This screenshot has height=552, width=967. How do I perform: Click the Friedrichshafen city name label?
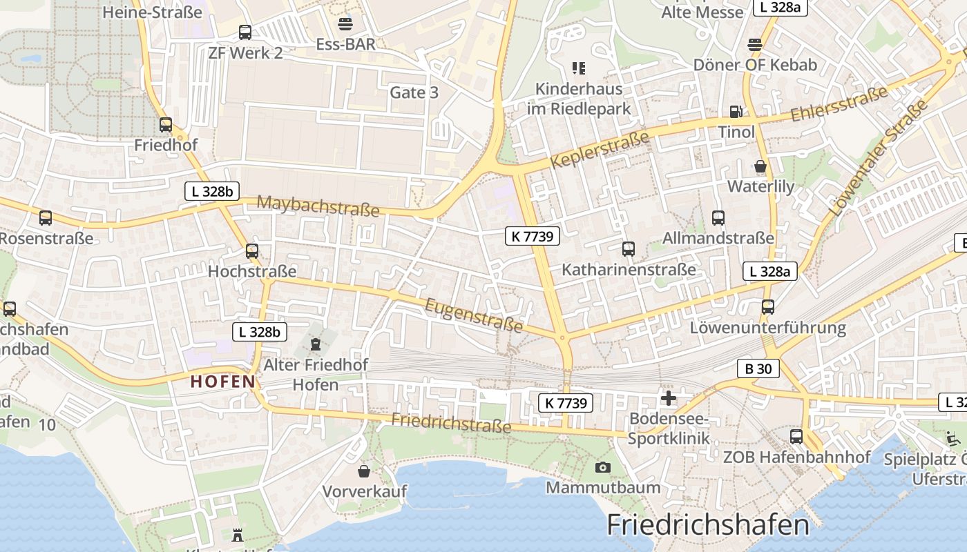(x=707, y=525)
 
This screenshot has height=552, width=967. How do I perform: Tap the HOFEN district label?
(x=223, y=381)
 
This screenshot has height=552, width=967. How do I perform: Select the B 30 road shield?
(x=758, y=369)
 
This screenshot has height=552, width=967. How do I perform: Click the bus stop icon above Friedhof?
(x=166, y=125)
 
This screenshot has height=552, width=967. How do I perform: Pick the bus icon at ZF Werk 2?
(x=245, y=32)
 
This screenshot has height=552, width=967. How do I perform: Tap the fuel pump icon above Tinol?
(x=736, y=111)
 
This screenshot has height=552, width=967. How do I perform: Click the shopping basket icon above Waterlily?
(x=760, y=166)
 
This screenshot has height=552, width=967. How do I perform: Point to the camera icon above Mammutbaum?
(x=602, y=468)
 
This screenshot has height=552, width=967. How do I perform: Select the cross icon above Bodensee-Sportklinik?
(x=668, y=398)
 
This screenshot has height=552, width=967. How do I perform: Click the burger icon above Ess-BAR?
(x=345, y=24)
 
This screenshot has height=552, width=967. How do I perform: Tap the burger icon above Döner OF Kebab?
(x=755, y=45)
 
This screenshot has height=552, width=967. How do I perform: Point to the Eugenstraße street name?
(x=473, y=315)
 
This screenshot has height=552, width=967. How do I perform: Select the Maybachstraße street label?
(x=318, y=206)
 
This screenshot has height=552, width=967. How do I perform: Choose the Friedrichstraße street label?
(x=451, y=422)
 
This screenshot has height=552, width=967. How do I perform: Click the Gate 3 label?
(x=414, y=92)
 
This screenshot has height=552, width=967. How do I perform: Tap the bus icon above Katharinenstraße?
(x=629, y=249)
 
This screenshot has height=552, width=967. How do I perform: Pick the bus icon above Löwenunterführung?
(x=768, y=307)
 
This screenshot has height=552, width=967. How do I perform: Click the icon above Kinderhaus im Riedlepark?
(x=579, y=68)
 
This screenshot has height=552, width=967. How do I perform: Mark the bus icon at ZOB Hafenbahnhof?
(x=796, y=436)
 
